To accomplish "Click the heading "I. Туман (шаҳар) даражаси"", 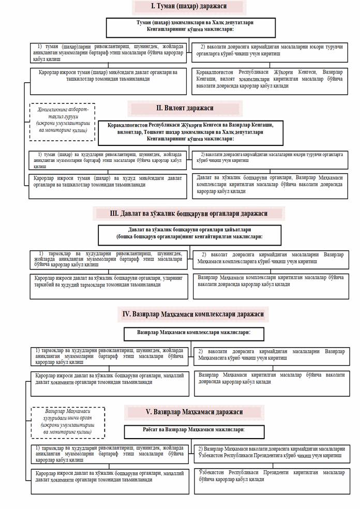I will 188,7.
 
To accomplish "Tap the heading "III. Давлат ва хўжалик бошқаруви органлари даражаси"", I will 188,214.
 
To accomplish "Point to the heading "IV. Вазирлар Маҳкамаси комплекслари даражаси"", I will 193,314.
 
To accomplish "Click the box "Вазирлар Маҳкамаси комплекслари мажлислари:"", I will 193,334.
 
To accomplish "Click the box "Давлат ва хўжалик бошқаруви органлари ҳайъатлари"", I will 190,234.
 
